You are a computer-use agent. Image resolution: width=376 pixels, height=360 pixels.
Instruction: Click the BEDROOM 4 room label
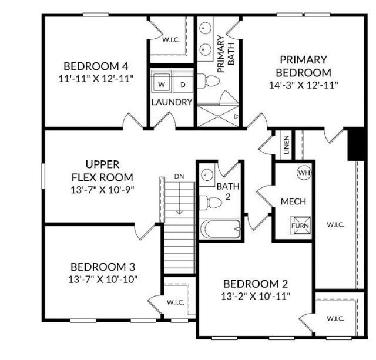95,66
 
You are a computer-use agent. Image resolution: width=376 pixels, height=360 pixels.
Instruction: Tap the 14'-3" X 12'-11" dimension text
303,85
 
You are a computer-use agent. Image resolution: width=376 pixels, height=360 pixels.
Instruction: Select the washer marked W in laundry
163,85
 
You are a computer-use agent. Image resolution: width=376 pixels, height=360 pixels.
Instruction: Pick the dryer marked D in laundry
182,85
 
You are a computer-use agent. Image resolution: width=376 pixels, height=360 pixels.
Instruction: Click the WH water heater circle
303,173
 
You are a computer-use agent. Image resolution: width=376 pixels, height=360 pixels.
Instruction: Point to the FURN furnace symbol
297,224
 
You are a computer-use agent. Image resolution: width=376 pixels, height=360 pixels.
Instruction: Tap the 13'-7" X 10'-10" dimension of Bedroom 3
103,278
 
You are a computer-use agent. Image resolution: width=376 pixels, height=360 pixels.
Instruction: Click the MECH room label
293,201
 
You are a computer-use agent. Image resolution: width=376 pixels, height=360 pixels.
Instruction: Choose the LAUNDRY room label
172,102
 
